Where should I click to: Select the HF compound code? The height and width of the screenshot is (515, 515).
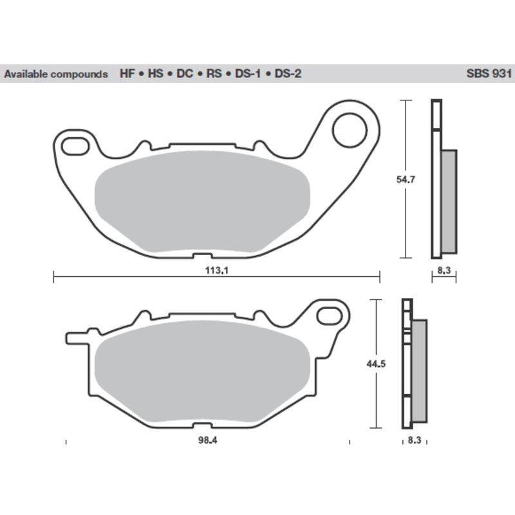click(126, 74)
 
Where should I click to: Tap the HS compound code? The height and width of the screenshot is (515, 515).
click(156, 74)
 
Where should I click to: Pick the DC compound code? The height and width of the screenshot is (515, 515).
click(185, 74)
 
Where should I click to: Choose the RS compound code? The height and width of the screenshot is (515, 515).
click(214, 74)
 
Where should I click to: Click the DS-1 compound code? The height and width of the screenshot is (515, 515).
click(247, 74)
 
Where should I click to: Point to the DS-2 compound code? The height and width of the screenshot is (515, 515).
click(287, 74)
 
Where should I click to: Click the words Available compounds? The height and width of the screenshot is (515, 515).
click(56, 74)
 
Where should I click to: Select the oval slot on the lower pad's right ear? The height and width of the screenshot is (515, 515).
click(332, 315)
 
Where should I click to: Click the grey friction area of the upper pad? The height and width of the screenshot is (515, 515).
click(202, 201)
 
